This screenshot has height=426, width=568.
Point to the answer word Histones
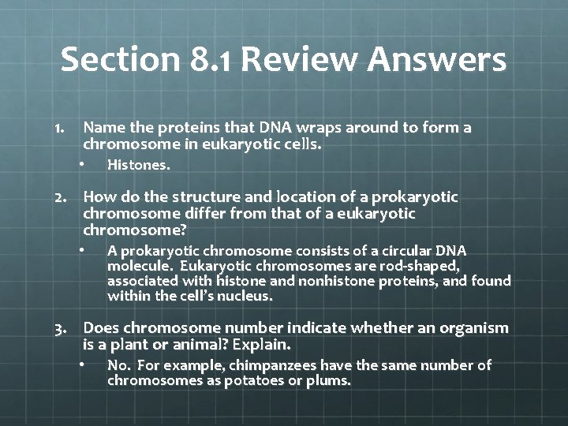click(138, 166)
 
